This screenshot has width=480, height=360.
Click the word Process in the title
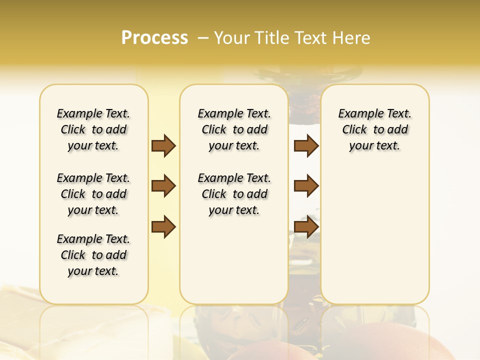[x=154, y=37]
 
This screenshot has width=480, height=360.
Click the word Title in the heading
[x=270, y=38]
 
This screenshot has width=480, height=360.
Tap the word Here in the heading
[x=352, y=38]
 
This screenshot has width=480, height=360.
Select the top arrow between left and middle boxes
[x=163, y=146]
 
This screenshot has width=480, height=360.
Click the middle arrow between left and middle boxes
[x=163, y=186]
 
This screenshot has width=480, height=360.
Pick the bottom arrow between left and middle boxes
[x=163, y=226]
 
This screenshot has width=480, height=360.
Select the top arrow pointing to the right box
[x=306, y=146]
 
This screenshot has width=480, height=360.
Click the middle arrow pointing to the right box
[x=306, y=186]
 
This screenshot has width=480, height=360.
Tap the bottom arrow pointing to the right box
[x=306, y=226]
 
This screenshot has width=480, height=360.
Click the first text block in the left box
[x=93, y=129]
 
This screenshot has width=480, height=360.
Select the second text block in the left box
[x=93, y=194]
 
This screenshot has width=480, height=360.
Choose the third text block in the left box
[x=93, y=255]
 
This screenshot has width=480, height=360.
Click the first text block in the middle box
[x=234, y=129]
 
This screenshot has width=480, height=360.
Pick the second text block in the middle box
[x=234, y=194]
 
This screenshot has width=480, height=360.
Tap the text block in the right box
[x=374, y=129]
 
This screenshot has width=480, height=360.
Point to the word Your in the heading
[x=230, y=38]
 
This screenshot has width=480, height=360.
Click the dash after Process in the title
[x=203, y=38]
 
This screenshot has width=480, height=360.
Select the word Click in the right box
[x=354, y=130]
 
